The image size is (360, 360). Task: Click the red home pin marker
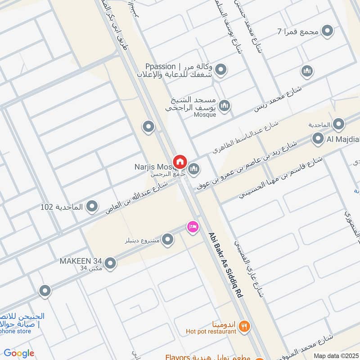[x=180, y=161]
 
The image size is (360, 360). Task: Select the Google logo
[x=19, y=353]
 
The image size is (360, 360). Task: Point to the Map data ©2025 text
[x=335, y=355]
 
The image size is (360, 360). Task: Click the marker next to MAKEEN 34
[x=110, y=263]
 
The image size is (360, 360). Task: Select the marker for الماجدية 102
[x=92, y=207]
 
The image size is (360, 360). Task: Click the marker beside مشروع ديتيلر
[x=168, y=240]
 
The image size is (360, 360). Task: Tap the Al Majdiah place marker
[x=318, y=139]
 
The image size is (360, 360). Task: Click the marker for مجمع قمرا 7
[x=328, y=31]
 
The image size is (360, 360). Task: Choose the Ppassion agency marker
[x=220, y=70]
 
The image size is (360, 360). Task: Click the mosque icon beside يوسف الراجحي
[x=224, y=106]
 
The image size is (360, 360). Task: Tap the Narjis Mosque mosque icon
[x=194, y=169]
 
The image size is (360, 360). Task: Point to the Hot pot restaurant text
[x=211, y=332]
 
